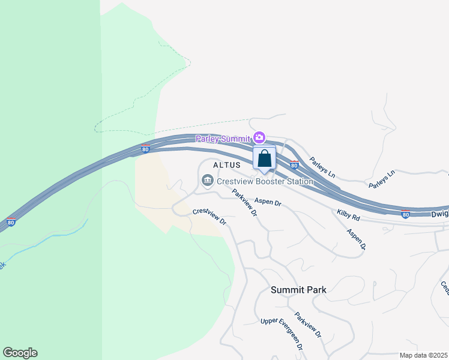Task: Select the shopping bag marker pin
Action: [264, 160]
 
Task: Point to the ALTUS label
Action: [226, 164]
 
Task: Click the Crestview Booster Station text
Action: [265, 181]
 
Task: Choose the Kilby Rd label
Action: [348, 215]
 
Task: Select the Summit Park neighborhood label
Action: [298, 290]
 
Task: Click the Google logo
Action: [20, 353]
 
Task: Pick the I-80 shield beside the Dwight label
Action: [406, 214]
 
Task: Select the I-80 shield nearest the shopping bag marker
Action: [294, 164]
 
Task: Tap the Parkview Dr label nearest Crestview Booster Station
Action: [244, 203]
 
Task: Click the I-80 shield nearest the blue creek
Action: [11, 222]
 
